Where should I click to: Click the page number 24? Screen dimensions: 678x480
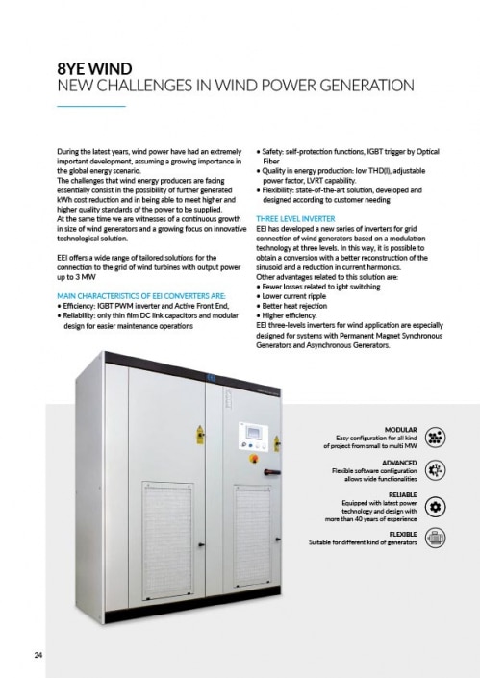(36, 657)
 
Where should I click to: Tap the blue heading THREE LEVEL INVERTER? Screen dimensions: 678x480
(295, 192)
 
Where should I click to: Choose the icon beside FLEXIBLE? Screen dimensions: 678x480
(433, 539)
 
